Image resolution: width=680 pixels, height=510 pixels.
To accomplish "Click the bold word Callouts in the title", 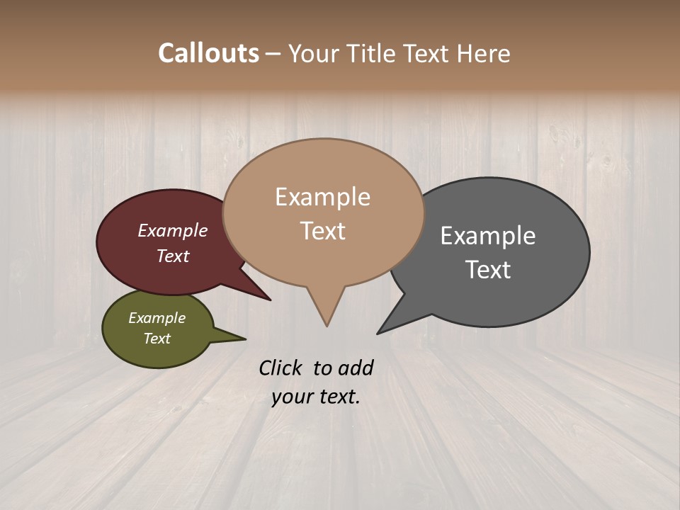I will pos(208,53).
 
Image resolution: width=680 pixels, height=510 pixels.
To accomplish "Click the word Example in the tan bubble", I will pos(322,197).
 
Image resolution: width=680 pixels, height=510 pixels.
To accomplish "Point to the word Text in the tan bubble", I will pos(322,230).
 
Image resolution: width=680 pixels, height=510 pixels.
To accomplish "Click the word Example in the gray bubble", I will pos(488,236).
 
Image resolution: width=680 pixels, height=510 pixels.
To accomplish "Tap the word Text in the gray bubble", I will pos(488,269).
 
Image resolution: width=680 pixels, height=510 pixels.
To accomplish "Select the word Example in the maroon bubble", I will pos(172,230).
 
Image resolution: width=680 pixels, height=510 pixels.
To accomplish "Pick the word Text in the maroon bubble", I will pos(172,256).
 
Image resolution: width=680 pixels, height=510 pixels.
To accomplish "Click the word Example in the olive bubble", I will pos(157,318).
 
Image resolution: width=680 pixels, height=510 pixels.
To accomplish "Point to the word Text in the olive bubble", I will pos(157,339).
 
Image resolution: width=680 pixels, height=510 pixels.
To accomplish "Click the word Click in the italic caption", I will pos(280,368).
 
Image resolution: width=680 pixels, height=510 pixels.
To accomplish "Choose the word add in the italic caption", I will pos(356,368).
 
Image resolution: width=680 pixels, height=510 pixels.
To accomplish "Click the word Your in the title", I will pos(312,53).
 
